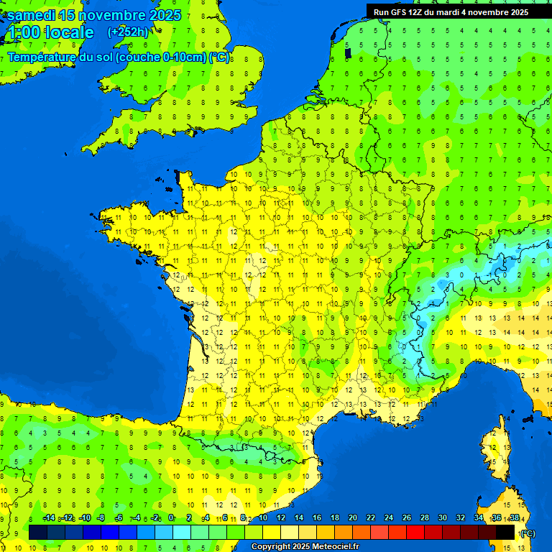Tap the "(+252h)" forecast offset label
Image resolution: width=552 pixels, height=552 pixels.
tap(128, 32)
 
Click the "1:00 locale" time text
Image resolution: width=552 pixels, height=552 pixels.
tap(50, 32)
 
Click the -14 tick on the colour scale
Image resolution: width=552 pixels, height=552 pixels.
tap(49, 518)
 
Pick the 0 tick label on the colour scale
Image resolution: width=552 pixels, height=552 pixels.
tap(171, 518)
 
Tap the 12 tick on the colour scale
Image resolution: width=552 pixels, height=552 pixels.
tap(281, 518)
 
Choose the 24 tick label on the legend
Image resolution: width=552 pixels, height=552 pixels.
tap(389, 518)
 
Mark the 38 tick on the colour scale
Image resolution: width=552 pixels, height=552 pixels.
tap(514, 518)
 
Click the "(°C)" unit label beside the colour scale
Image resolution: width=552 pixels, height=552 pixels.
tap(528, 533)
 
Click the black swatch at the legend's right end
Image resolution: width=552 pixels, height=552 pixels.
tap(505, 532)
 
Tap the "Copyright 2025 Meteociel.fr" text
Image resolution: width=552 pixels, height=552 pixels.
tap(305, 546)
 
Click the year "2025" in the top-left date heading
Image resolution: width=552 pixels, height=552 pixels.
tap(165, 15)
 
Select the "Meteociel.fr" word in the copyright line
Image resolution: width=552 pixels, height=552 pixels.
tap(335, 546)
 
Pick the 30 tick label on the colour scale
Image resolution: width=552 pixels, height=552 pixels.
tap(443, 518)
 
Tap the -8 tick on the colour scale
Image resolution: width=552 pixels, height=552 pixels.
tap(101, 518)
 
